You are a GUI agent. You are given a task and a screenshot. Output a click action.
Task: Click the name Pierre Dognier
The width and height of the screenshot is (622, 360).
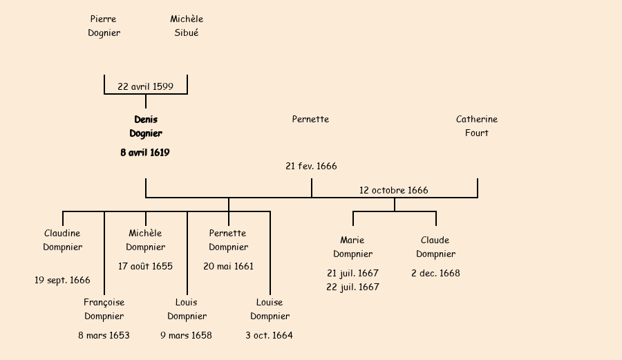pos(104,26)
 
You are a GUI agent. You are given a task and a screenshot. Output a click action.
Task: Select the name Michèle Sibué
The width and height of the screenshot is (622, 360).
pos(187,26)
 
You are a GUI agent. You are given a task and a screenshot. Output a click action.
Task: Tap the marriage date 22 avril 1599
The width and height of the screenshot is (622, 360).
pos(145,87)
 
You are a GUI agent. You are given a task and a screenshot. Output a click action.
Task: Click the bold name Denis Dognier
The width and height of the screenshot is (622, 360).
pos(146,126)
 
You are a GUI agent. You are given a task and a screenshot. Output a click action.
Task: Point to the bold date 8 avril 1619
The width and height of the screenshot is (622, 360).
pos(145,153)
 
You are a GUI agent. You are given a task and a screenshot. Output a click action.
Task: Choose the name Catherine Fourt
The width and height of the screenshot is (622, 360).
pos(477,126)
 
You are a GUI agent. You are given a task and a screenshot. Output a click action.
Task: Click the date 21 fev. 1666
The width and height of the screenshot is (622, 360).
pos(311,167)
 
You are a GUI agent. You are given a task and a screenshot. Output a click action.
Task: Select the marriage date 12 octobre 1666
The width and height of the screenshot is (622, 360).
pos(393,190)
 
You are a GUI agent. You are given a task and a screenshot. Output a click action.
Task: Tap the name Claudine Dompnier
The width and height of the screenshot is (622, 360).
pos(62,240)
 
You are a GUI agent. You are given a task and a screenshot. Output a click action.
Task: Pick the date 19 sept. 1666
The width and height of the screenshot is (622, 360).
pos(62,280)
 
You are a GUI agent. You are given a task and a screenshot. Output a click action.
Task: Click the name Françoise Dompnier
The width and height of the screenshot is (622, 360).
pos(104,309)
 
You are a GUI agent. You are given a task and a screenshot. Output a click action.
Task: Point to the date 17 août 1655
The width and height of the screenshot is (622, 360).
pos(145,266)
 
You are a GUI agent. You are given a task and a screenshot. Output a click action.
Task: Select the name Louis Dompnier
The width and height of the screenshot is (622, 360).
pos(187,309)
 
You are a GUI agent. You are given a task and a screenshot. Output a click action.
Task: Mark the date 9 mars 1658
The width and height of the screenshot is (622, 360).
pos(186,336)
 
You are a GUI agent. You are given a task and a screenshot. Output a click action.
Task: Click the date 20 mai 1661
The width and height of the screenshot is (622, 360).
pos(228,266)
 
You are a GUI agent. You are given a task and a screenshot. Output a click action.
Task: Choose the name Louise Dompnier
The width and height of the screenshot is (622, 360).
pos(270,309)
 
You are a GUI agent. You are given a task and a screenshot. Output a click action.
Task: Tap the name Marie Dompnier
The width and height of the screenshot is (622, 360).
pos(352,247)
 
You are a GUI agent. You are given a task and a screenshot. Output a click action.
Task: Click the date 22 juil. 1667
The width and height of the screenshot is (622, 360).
pos(352,287)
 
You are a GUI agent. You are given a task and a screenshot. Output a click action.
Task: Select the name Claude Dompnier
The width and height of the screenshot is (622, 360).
pos(435,247)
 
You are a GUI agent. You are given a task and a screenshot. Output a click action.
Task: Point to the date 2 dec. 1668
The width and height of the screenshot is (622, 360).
pos(435,273)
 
